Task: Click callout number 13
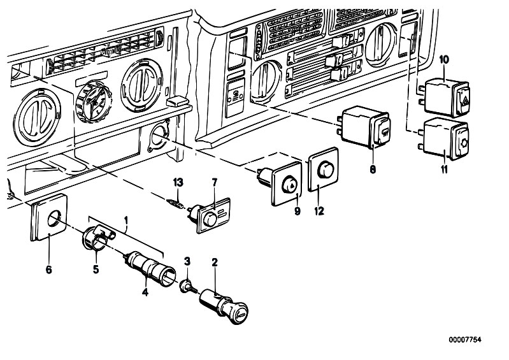[178, 182]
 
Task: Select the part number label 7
[214, 182]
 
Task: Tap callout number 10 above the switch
[444, 59]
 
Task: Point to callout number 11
[444, 169]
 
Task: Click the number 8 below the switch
[373, 169]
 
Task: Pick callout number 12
[319, 211]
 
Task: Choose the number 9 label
[298, 211]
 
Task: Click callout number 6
[48, 270]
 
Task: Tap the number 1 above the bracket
[126, 221]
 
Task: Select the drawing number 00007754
[465, 340]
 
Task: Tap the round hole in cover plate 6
[54, 219]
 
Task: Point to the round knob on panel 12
[326, 170]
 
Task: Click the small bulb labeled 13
[175, 204]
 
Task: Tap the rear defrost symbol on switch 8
[385, 132]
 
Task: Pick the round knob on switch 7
[210, 220]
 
